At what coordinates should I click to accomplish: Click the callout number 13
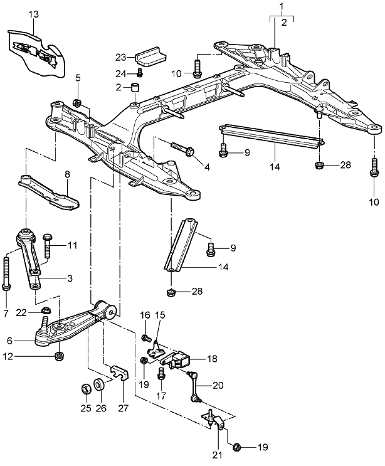(x=33, y=14)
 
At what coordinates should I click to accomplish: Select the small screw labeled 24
(x=140, y=73)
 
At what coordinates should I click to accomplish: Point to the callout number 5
(x=78, y=78)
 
